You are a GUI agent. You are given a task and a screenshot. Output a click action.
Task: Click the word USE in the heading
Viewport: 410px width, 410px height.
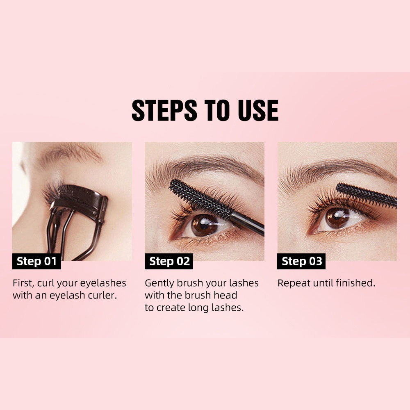click(258, 110)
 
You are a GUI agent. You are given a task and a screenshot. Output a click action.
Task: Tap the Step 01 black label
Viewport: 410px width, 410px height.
click(36, 262)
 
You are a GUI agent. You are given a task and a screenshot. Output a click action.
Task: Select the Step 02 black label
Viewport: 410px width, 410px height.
click(169, 262)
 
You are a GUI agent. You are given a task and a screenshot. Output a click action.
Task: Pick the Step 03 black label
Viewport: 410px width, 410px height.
click(302, 262)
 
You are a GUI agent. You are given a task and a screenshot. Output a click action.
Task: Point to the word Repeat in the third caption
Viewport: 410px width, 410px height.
click(294, 283)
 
